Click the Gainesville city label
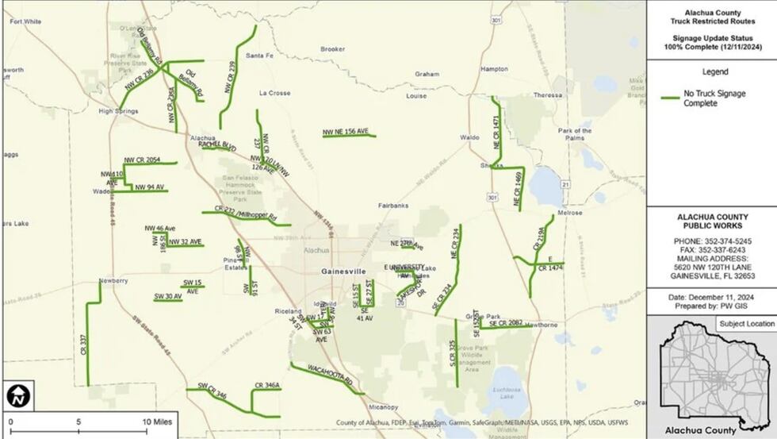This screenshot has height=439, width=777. pos(343,271)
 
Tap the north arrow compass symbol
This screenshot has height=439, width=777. pos(16,395)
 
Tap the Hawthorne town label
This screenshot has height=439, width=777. pos(542,325)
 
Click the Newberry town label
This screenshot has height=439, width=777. pos(113,281)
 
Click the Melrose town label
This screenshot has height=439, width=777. pos(570,213)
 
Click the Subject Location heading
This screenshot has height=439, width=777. pos(745,324)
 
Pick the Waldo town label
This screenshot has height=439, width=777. pos(469,137)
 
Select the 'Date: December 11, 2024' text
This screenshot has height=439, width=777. pos(710,297)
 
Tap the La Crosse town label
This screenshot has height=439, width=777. pos(274,93)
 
